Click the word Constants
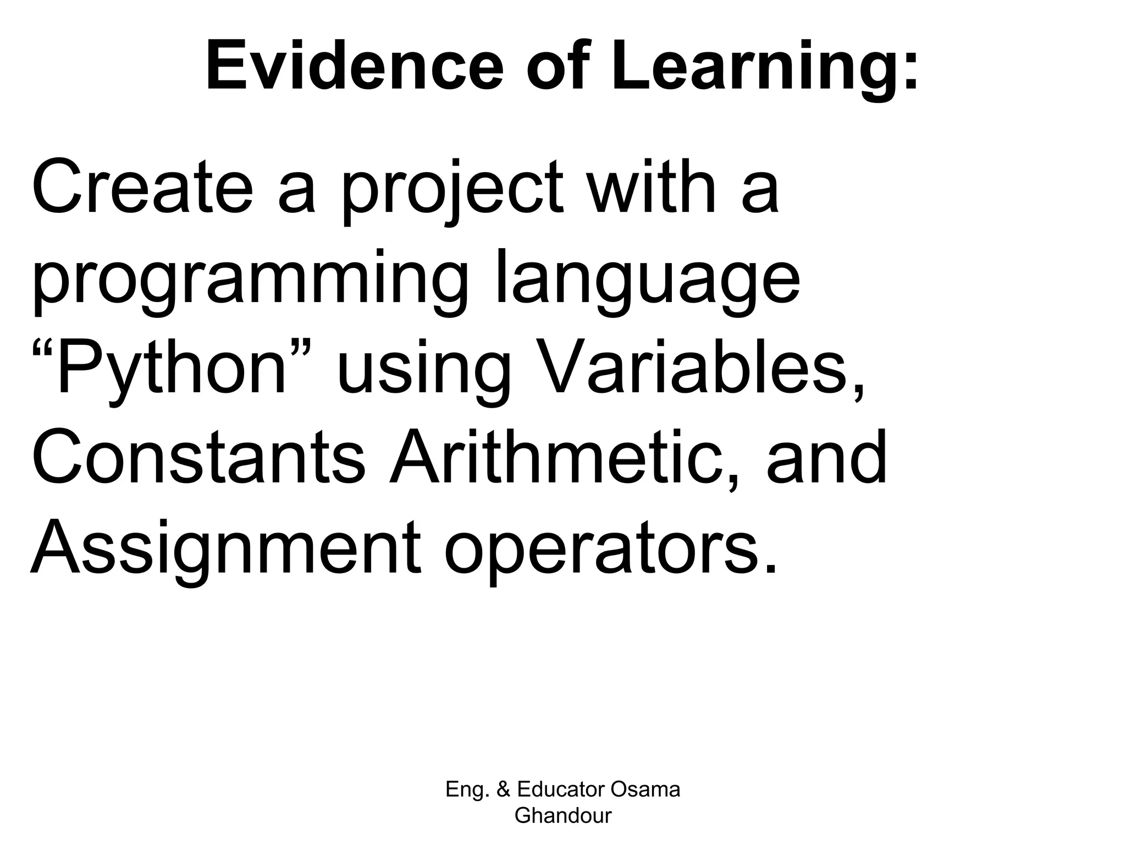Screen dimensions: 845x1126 198,458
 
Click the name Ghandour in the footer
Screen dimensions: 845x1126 563,815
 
